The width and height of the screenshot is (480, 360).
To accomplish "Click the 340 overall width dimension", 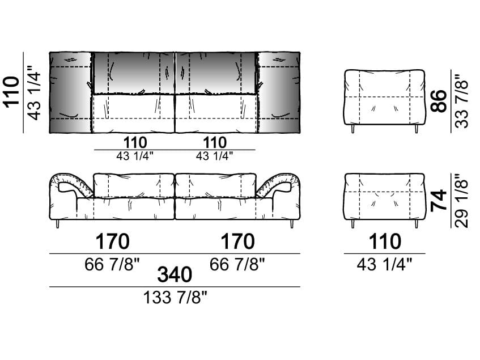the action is [x=175, y=274].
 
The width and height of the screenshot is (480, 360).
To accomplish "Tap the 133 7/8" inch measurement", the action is [x=175, y=297].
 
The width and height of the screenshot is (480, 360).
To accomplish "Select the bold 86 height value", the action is [x=439, y=101].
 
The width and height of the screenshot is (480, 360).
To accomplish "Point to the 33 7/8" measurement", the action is [x=462, y=101].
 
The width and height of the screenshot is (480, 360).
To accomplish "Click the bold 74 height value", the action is [x=439, y=201].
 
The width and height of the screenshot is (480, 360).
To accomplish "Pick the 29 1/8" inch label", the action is [x=462, y=201].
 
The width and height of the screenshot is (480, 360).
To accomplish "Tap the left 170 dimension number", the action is [x=112, y=242].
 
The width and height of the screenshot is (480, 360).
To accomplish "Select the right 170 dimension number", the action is [x=237, y=242].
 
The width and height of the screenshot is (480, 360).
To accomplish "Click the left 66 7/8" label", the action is [x=112, y=264].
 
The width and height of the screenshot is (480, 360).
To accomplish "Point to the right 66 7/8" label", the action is [x=237, y=264].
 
